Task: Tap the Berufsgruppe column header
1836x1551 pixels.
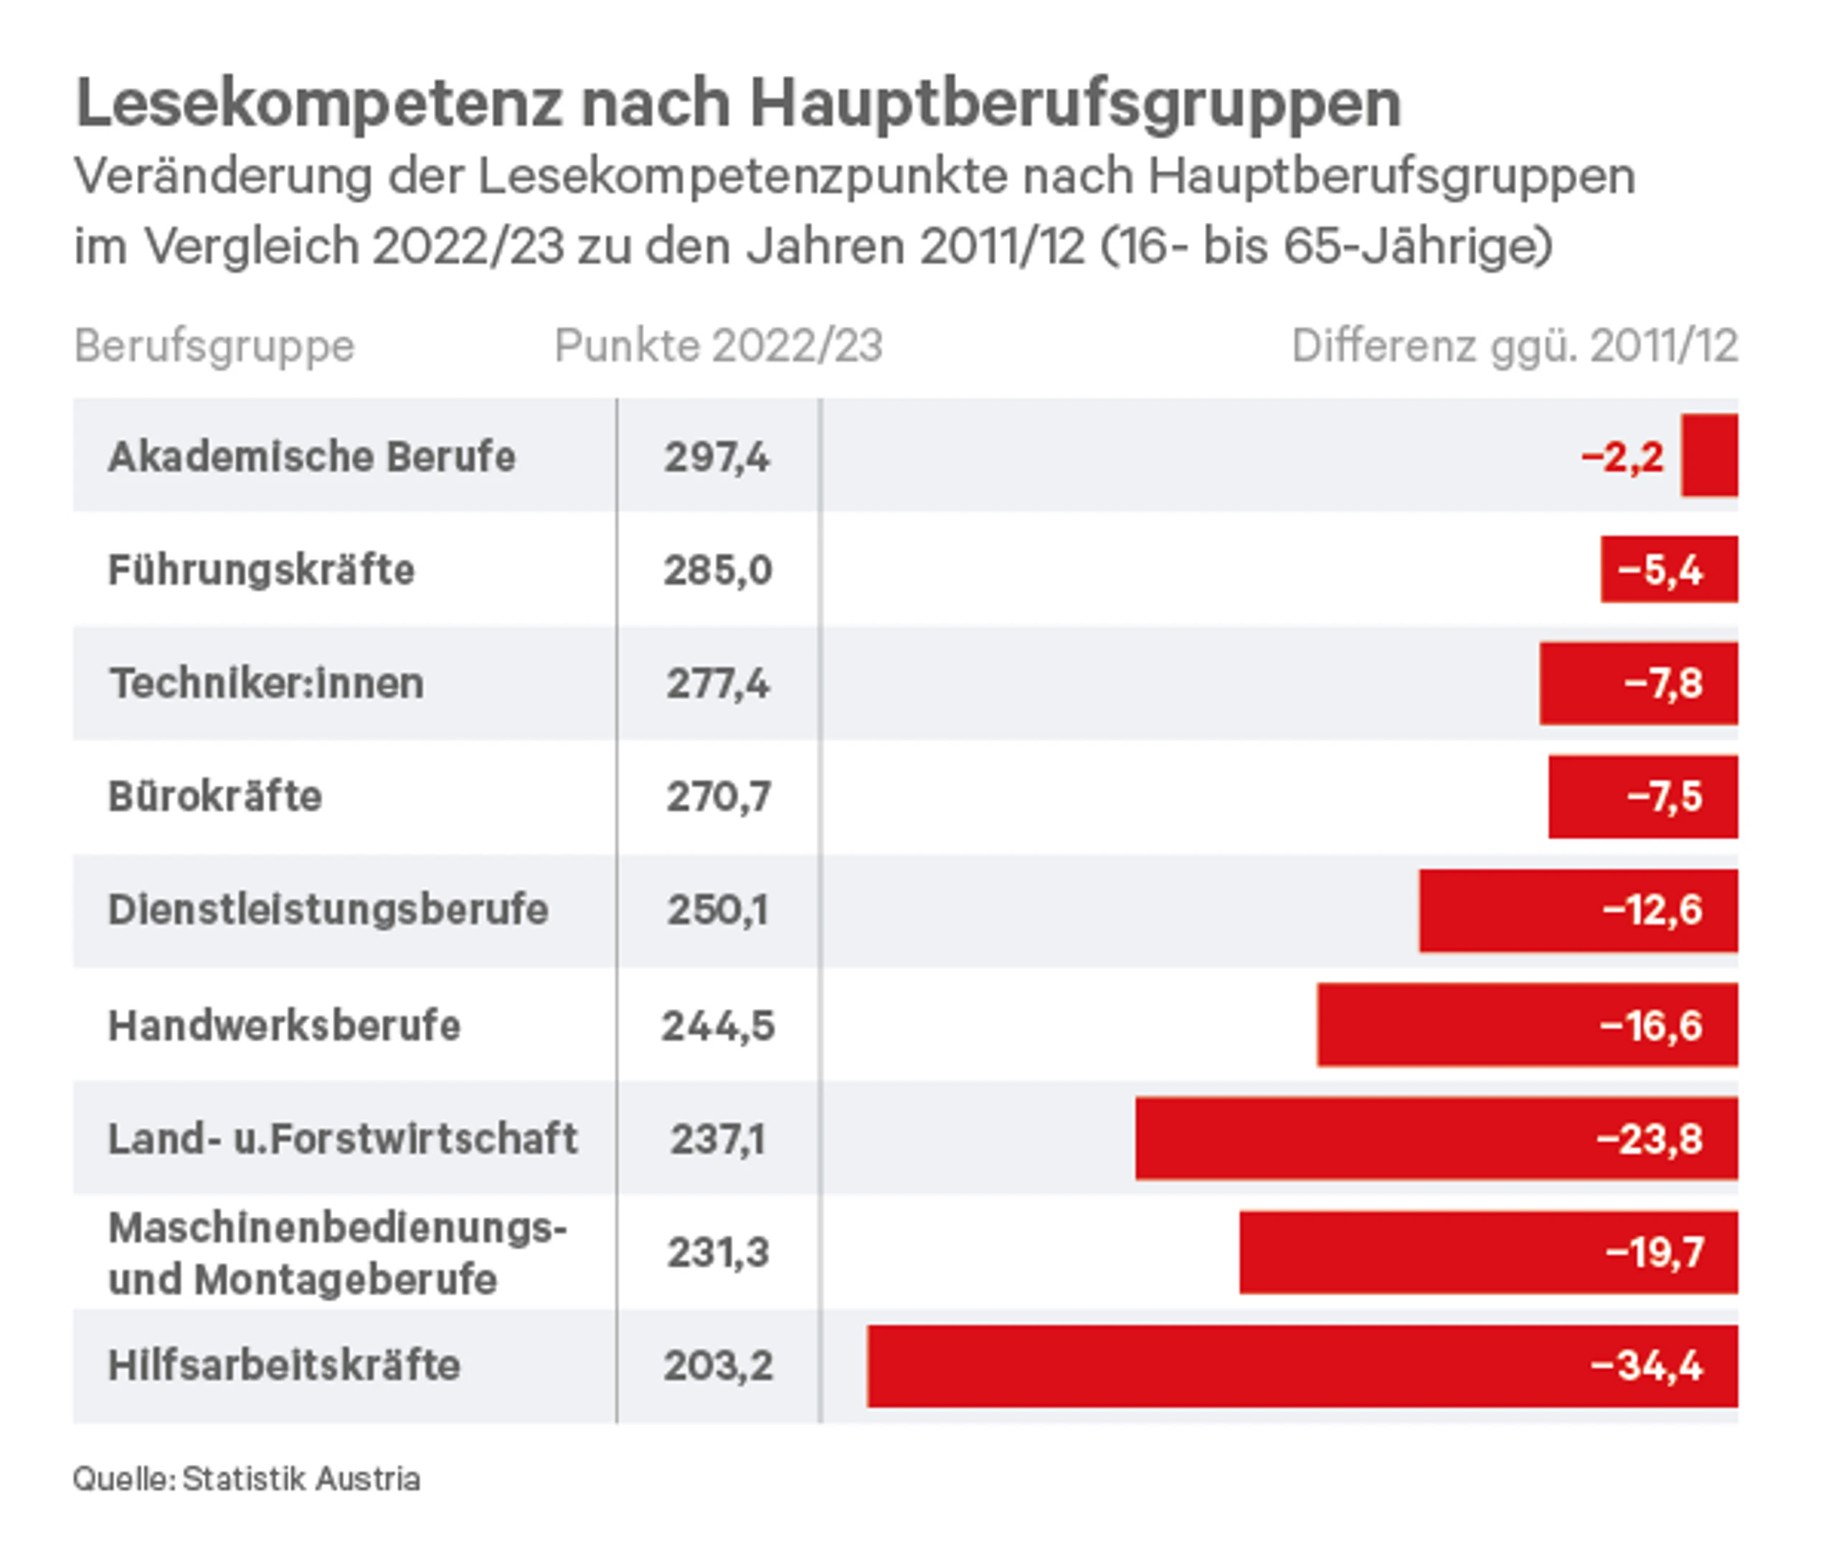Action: pyautogui.click(x=214, y=346)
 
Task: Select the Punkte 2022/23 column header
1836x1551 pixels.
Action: pyautogui.click(x=717, y=346)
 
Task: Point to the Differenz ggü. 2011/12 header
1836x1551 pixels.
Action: pyautogui.click(x=1513, y=346)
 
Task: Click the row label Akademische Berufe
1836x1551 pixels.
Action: pyautogui.click(x=311, y=456)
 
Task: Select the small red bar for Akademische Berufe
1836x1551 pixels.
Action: pyautogui.click(x=1708, y=455)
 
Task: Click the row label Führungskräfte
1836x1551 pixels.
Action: pyautogui.click(x=261, y=570)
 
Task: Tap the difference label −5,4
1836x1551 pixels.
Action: pyautogui.click(x=1660, y=570)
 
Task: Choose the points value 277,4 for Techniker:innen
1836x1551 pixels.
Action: pyautogui.click(x=717, y=683)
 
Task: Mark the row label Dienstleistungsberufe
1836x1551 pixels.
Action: pyautogui.click(x=328, y=909)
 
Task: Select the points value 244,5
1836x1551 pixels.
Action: pyautogui.click(x=717, y=1025)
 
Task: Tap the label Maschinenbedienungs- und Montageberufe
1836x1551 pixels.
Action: pyautogui.click(x=337, y=1252)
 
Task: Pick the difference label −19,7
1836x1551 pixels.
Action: pyautogui.click(x=1654, y=1252)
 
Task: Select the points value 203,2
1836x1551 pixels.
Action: pyautogui.click(x=717, y=1365)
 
